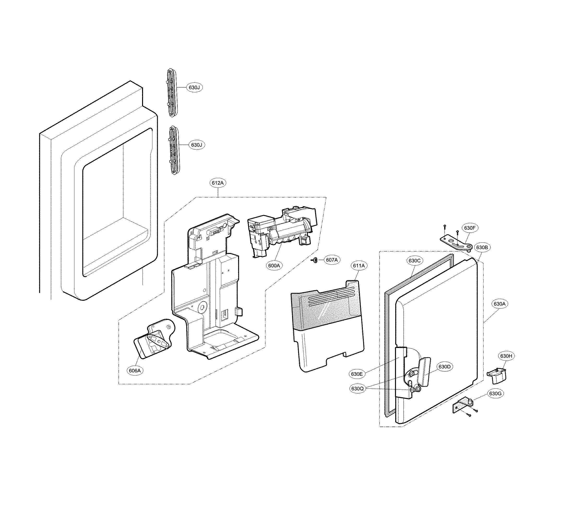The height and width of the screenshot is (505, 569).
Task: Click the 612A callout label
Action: point(217,183)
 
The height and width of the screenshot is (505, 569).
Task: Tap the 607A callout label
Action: point(332,260)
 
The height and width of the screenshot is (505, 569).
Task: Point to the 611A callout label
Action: point(359,266)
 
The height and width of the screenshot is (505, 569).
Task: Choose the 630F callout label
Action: point(470,228)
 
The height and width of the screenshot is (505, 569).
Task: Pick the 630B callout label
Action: point(482,247)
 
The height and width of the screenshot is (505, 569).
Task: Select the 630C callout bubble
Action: point(414,261)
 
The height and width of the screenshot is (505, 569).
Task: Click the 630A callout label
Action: point(500,304)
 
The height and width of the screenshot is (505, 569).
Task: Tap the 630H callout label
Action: point(506,356)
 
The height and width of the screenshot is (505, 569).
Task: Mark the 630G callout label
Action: point(495,393)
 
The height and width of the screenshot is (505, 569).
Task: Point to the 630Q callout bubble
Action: point(357,388)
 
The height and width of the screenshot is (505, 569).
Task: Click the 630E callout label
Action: point(357,374)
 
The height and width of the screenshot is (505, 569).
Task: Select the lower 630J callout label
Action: point(197,145)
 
